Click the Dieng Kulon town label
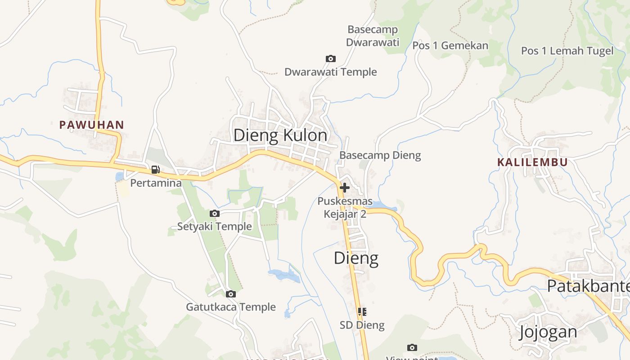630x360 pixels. pos(280,135)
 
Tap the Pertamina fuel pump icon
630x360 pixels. pos(156,170)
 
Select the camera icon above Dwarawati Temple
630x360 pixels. pos(331,59)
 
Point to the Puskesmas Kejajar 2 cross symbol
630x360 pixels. pos(345,187)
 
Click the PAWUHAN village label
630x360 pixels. pos(92,125)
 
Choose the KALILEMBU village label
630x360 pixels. pos(532,162)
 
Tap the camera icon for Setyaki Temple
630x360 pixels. pos(215,214)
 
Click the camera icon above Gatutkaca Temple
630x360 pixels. pos(231,294)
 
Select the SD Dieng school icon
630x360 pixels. pos(362,311)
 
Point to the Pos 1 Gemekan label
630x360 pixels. pos(450,45)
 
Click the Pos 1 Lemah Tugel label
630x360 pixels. pos(567,51)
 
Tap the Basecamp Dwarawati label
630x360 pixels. pos(373,36)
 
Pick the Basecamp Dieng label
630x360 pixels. pos(380,156)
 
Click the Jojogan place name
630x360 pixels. pos(548,332)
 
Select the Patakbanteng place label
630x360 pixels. pos(588,286)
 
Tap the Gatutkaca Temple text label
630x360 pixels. pos(231,307)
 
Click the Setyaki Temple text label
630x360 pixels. pos(214,226)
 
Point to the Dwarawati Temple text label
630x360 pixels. pos(331,72)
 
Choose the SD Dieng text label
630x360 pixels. pos(362,325)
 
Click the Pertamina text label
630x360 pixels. pos(156,183)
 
